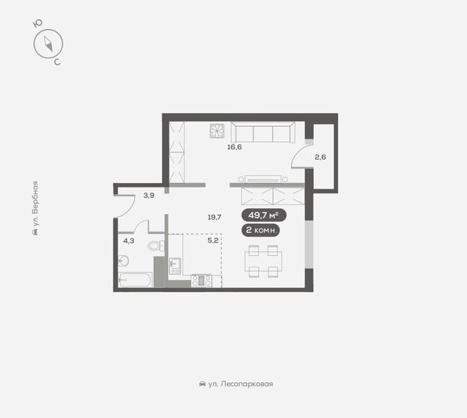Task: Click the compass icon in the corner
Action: pos(47,44)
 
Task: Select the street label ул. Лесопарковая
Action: pos(236,384)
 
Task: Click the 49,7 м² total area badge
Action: pos(263,216)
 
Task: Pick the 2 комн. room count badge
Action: pos(263,230)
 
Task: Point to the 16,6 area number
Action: pos(235,147)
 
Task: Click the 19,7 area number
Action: pos(215,217)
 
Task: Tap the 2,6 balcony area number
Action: pos(320,157)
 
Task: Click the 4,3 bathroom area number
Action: pos(128,240)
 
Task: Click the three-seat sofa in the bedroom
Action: pos(260,133)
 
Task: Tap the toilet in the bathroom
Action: pos(155,245)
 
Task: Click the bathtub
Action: pos(135,281)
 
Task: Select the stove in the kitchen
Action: pos(201,281)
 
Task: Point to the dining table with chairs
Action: pos(263,262)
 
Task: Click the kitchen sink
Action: pos(175,263)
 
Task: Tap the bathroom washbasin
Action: pos(124,261)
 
